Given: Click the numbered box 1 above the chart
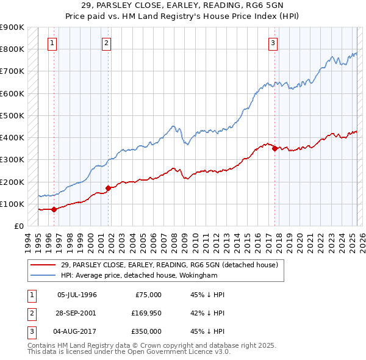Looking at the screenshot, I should pos(52,43).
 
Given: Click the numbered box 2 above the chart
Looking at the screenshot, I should pos(106,43).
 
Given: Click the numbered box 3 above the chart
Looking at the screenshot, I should pos(273,43).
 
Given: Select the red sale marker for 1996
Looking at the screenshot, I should pos(54,209).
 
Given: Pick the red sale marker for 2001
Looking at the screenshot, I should pos(108,188).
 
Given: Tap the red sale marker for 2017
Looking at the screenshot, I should pos(274,148).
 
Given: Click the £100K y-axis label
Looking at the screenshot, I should pos(12,204).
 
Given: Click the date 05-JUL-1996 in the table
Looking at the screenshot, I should pos(77,295).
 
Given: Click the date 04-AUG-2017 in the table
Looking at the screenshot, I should pos(77,331).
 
